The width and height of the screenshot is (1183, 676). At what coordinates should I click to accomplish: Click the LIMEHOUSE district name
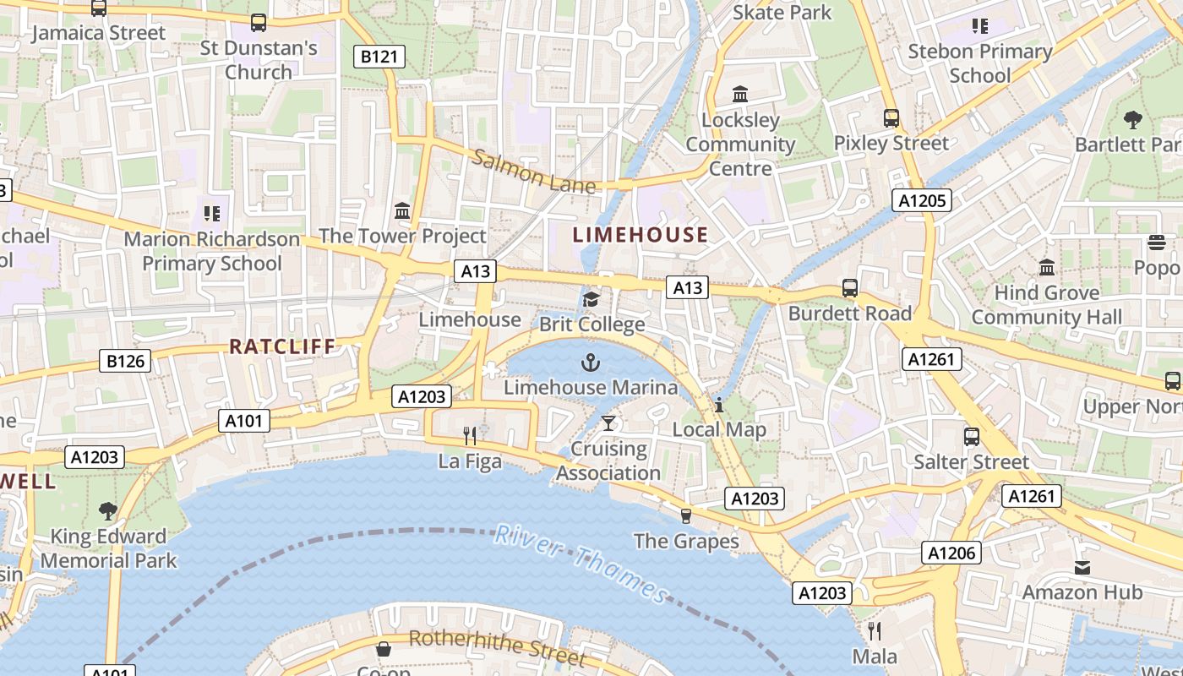click(641, 235)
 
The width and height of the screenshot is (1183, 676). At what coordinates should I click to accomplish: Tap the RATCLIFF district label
click(282, 346)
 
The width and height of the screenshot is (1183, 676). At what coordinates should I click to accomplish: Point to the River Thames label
click(581, 563)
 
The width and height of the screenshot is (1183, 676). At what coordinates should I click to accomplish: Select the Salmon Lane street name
click(533, 172)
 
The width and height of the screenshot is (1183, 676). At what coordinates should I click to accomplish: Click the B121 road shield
click(379, 57)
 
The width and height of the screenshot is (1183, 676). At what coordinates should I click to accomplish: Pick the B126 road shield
click(125, 361)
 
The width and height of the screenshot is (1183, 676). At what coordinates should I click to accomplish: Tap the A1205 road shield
click(922, 200)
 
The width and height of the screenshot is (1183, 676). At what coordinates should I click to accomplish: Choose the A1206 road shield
click(951, 553)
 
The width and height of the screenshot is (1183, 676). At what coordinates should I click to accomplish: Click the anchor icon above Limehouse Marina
click(590, 363)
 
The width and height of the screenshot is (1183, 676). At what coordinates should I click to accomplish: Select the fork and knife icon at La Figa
click(470, 436)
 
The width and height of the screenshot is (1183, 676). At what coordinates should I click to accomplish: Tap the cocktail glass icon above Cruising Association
click(608, 422)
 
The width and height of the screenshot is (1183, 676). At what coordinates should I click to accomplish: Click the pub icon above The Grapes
click(685, 515)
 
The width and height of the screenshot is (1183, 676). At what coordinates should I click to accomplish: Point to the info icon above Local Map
click(718, 405)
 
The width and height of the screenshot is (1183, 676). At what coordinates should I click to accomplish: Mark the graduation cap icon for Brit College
click(591, 299)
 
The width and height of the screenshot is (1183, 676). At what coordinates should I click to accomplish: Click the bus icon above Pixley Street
click(891, 118)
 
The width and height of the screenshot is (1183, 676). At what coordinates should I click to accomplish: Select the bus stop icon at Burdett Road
click(849, 288)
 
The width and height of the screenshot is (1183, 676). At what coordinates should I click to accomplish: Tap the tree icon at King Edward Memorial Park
click(107, 510)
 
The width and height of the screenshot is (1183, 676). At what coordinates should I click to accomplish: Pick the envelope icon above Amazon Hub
click(1082, 567)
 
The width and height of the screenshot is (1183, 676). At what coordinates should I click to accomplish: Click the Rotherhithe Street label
click(497, 646)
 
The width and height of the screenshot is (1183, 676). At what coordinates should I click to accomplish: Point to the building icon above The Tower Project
click(402, 210)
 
